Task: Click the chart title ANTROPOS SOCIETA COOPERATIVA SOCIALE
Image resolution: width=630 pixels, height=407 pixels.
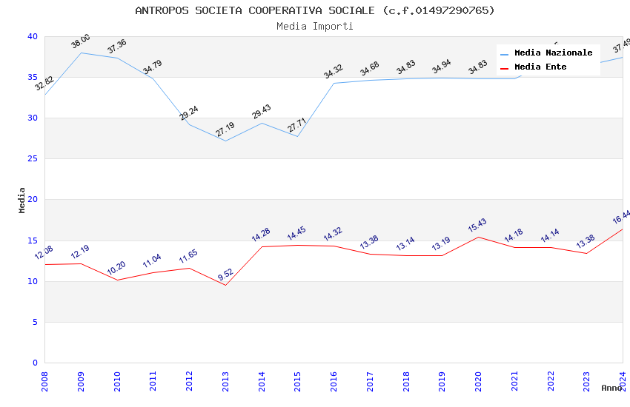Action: pyautogui.click(x=315, y=10)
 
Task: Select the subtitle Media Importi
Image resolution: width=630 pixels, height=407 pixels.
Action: pyautogui.click(x=315, y=26)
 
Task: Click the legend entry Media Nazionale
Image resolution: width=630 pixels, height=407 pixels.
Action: pyautogui.click(x=553, y=53)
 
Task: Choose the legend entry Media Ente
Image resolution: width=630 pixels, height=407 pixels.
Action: pyautogui.click(x=540, y=67)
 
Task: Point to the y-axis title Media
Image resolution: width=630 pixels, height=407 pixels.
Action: pyautogui.click(x=22, y=200)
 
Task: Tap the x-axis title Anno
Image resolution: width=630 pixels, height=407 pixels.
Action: pyautogui.click(x=611, y=388)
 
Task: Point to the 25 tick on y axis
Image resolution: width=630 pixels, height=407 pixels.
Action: pyautogui.click(x=33, y=159)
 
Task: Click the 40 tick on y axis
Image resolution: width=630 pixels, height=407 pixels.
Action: pyautogui.click(x=33, y=36)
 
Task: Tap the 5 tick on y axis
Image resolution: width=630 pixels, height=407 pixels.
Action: pyautogui.click(x=35, y=322)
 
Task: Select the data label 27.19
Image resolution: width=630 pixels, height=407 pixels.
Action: pyautogui.click(x=225, y=129)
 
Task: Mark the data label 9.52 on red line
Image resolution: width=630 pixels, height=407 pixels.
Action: pyautogui.click(x=225, y=274)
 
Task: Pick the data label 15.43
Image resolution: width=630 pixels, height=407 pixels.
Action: pyautogui.click(x=478, y=225)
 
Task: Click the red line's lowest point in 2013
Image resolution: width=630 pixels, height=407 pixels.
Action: pyautogui.click(x=225, y=285)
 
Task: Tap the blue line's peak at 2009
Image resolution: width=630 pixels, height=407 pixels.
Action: pyautogui.click(x=81, y=53)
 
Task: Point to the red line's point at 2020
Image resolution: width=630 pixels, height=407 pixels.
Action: pyautogui.click(x=478, y=237)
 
